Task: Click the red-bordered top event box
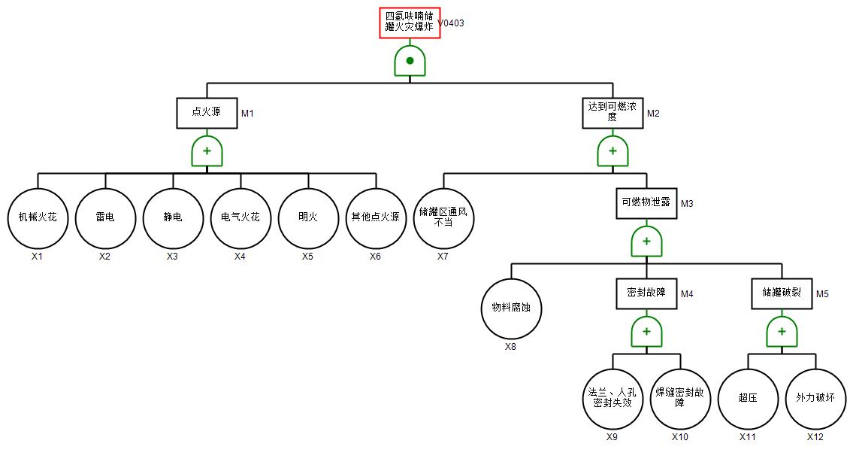[x=409, y=23]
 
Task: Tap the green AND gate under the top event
[x=410, y=61]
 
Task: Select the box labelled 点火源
[x=207, y=113]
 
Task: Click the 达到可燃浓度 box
[x=613, y=113]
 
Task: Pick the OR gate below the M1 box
[x=207, y=151]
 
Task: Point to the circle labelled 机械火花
[x=38, y=218]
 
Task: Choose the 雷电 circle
[x=105, y=218]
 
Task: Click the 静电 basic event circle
[x=173, y=218]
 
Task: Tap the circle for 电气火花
[x=240, y=218]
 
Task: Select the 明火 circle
[x=308, y=218]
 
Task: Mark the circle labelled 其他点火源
[x=376, y=218]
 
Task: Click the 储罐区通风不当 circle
[x=443, y=218]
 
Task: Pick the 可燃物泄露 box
[x=646, y=203]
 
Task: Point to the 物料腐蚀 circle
[x=511, y=308]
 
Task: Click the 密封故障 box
[x=646, y=293]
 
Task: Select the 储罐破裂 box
[x=782, y=293]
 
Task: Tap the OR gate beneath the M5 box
[x=782, y=332]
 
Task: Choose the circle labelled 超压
[x=748, y=399]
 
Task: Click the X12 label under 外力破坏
[x=815, y=437]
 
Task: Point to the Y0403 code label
[x=452, y=23]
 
